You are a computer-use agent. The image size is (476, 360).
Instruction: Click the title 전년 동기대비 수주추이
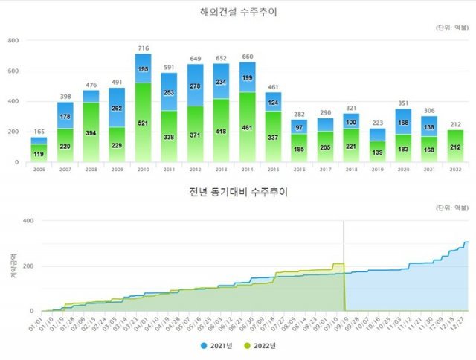click(x=237, y=192)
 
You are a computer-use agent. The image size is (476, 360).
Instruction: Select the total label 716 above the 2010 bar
click(x=143, y=48)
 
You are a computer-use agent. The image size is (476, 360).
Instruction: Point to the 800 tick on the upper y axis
click(x=13, y=41)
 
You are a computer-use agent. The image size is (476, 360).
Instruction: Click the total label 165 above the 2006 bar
click(x=38, y=132)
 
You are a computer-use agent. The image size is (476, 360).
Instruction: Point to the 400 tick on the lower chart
click(x=28, y=221)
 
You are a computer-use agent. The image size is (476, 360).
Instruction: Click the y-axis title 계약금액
click(x=13, y=266)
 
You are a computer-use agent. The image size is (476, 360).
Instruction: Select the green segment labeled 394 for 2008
click(x=91, y=132)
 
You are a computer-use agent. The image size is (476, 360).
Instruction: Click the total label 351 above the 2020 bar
click(x=404, y=103)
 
